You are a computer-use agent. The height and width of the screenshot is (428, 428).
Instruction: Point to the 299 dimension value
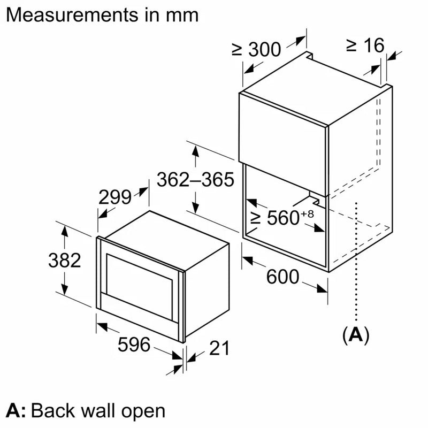click(115, 197)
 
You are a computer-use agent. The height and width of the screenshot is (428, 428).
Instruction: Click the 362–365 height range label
click(195, 180)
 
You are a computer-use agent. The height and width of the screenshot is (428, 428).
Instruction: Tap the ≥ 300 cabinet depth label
click(256, 49)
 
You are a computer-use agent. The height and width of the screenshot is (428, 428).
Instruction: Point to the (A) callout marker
click(356, 335)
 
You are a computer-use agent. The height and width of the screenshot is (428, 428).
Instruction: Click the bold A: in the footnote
click(16, 411)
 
